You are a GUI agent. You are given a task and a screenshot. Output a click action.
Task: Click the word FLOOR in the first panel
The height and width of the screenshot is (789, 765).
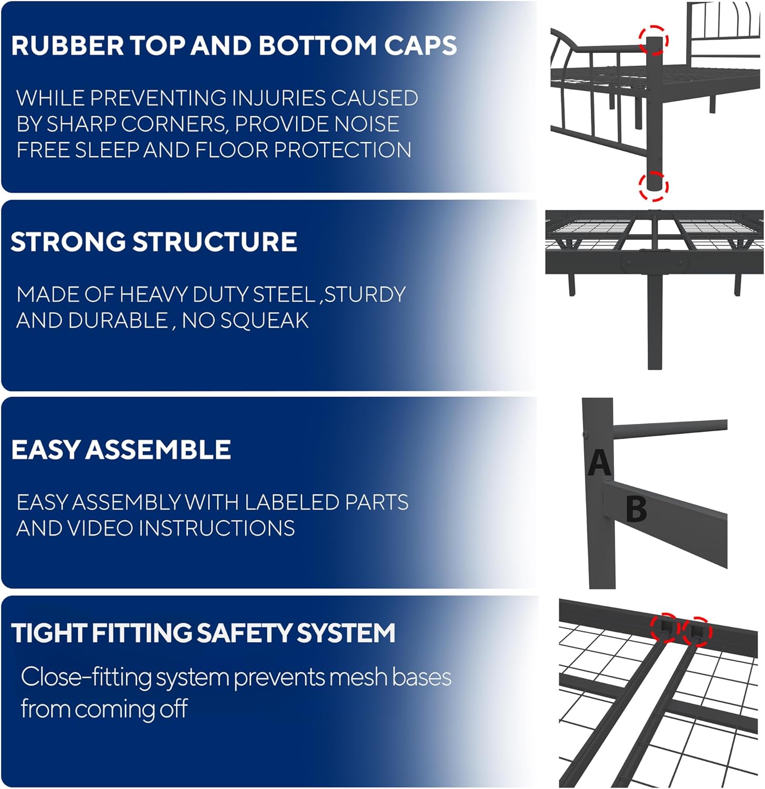point(231,150)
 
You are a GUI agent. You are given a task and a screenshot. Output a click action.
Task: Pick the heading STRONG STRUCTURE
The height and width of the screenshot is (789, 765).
point(154,242)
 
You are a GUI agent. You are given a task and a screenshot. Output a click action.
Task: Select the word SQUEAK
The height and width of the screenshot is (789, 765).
point(265,320)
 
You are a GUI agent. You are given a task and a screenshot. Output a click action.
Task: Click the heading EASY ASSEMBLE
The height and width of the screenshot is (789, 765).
point(121,450)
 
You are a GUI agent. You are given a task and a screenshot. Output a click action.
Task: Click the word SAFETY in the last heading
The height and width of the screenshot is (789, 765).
point(244,633)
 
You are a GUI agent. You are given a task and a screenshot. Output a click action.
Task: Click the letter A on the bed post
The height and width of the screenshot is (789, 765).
point(599,463)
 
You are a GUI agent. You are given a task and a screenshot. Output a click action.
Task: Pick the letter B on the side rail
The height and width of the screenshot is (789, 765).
point(636,509)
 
